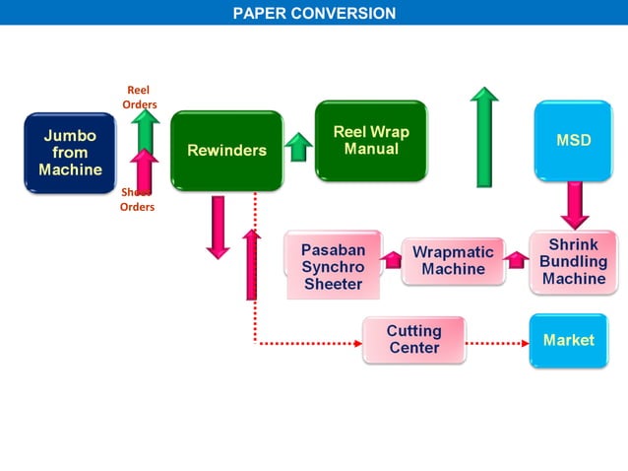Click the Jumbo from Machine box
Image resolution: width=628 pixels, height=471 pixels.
click(70, 153)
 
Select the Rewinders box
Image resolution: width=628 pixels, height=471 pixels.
click(226, 150)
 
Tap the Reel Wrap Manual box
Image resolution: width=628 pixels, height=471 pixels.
click(371, 141)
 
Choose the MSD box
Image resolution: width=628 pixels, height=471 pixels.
click(574, 141)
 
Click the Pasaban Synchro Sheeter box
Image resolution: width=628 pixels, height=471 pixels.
click(333, 267)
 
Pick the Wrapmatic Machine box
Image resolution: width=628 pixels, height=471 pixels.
click(453, 261)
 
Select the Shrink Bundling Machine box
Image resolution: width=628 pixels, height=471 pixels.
click(573, 262)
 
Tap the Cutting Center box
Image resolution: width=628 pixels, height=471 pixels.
click(413, 340)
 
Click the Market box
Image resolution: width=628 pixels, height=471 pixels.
click(569, 340)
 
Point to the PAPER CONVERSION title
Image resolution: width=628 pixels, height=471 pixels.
click(314, 13)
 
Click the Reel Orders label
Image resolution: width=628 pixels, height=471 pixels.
click(140, 98)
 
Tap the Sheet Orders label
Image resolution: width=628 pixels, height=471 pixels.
click(138, 200)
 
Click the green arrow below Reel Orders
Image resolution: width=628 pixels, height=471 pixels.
click(146, 128)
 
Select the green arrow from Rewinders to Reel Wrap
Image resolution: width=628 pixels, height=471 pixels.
click(298, 147)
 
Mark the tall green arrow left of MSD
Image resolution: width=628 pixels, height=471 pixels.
click(484, 137)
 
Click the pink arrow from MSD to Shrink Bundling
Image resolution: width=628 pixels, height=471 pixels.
click(574, 205)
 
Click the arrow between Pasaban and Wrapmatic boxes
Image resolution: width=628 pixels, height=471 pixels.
click(392, 260)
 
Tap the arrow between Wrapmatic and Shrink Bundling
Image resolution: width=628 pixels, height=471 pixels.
click(517, 260)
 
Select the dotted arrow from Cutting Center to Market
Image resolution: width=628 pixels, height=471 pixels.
click(497, 344)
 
